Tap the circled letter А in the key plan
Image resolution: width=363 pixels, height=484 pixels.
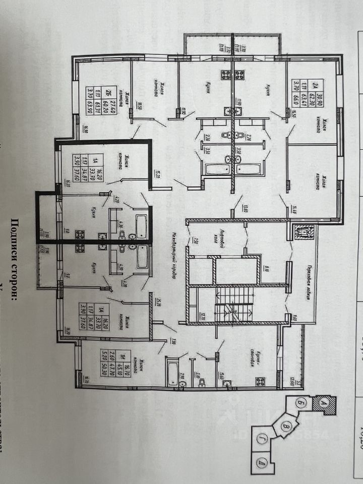[x=321, y=403]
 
